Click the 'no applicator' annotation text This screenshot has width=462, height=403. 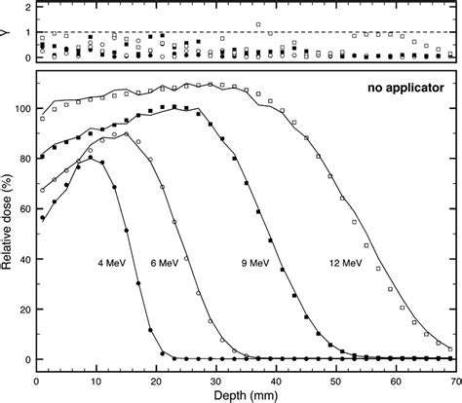401,88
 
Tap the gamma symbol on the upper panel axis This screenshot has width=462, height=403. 9,32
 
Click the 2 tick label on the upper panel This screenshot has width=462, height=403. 26,7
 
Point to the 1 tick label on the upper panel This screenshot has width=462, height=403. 26,32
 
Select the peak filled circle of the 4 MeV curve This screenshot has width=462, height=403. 91,158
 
